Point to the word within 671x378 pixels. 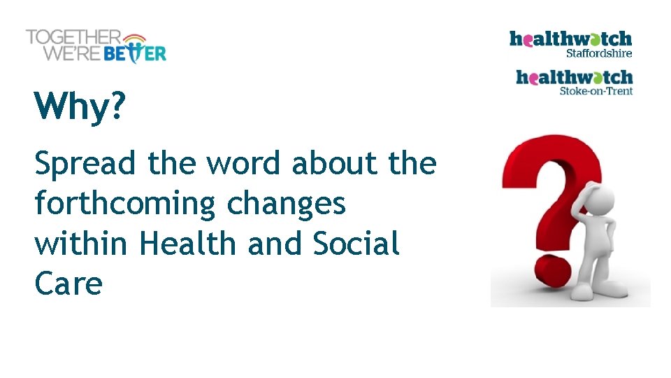(x=80, y=244)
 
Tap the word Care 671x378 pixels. (x=68, y=283)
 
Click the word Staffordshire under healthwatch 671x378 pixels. (x=599, y=53)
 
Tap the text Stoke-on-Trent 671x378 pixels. (x=596, y=91)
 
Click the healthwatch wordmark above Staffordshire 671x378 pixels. (x=570, y=38)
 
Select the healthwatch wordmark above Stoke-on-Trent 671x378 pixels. (x=574, y=77)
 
